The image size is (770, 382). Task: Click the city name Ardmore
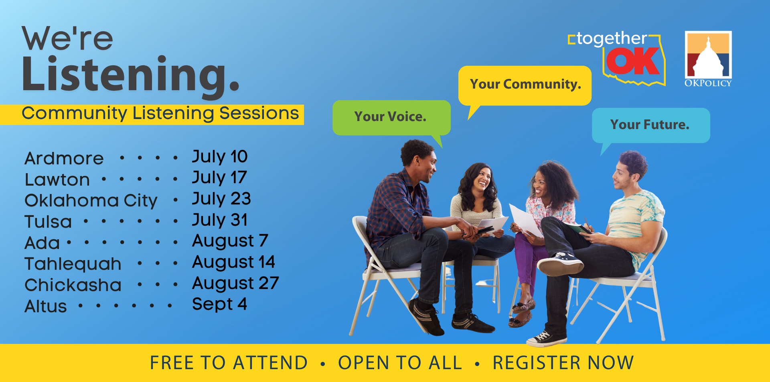pyautogui.click(x=64, y=158)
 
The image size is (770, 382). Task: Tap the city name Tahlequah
pyautogui.click(x=73, y=264)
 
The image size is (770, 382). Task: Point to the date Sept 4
pyautogui.click(x=219, y=304)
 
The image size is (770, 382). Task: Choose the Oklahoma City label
pyautogui.click(x=91, y=201)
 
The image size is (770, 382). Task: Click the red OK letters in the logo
pyautogui.click(x=633, y=61)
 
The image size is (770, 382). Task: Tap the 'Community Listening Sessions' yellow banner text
pyautogui.click(x=160, y=113)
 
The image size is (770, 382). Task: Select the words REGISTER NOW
pyautogui.click(x=563, y=363)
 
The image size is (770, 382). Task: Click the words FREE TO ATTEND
pyautogui.click(x=229, y=363)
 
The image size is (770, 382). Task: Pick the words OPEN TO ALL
pyautogui.click(x=400, y=363)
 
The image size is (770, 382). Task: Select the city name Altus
pyautogui.click(x=46, y=307)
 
